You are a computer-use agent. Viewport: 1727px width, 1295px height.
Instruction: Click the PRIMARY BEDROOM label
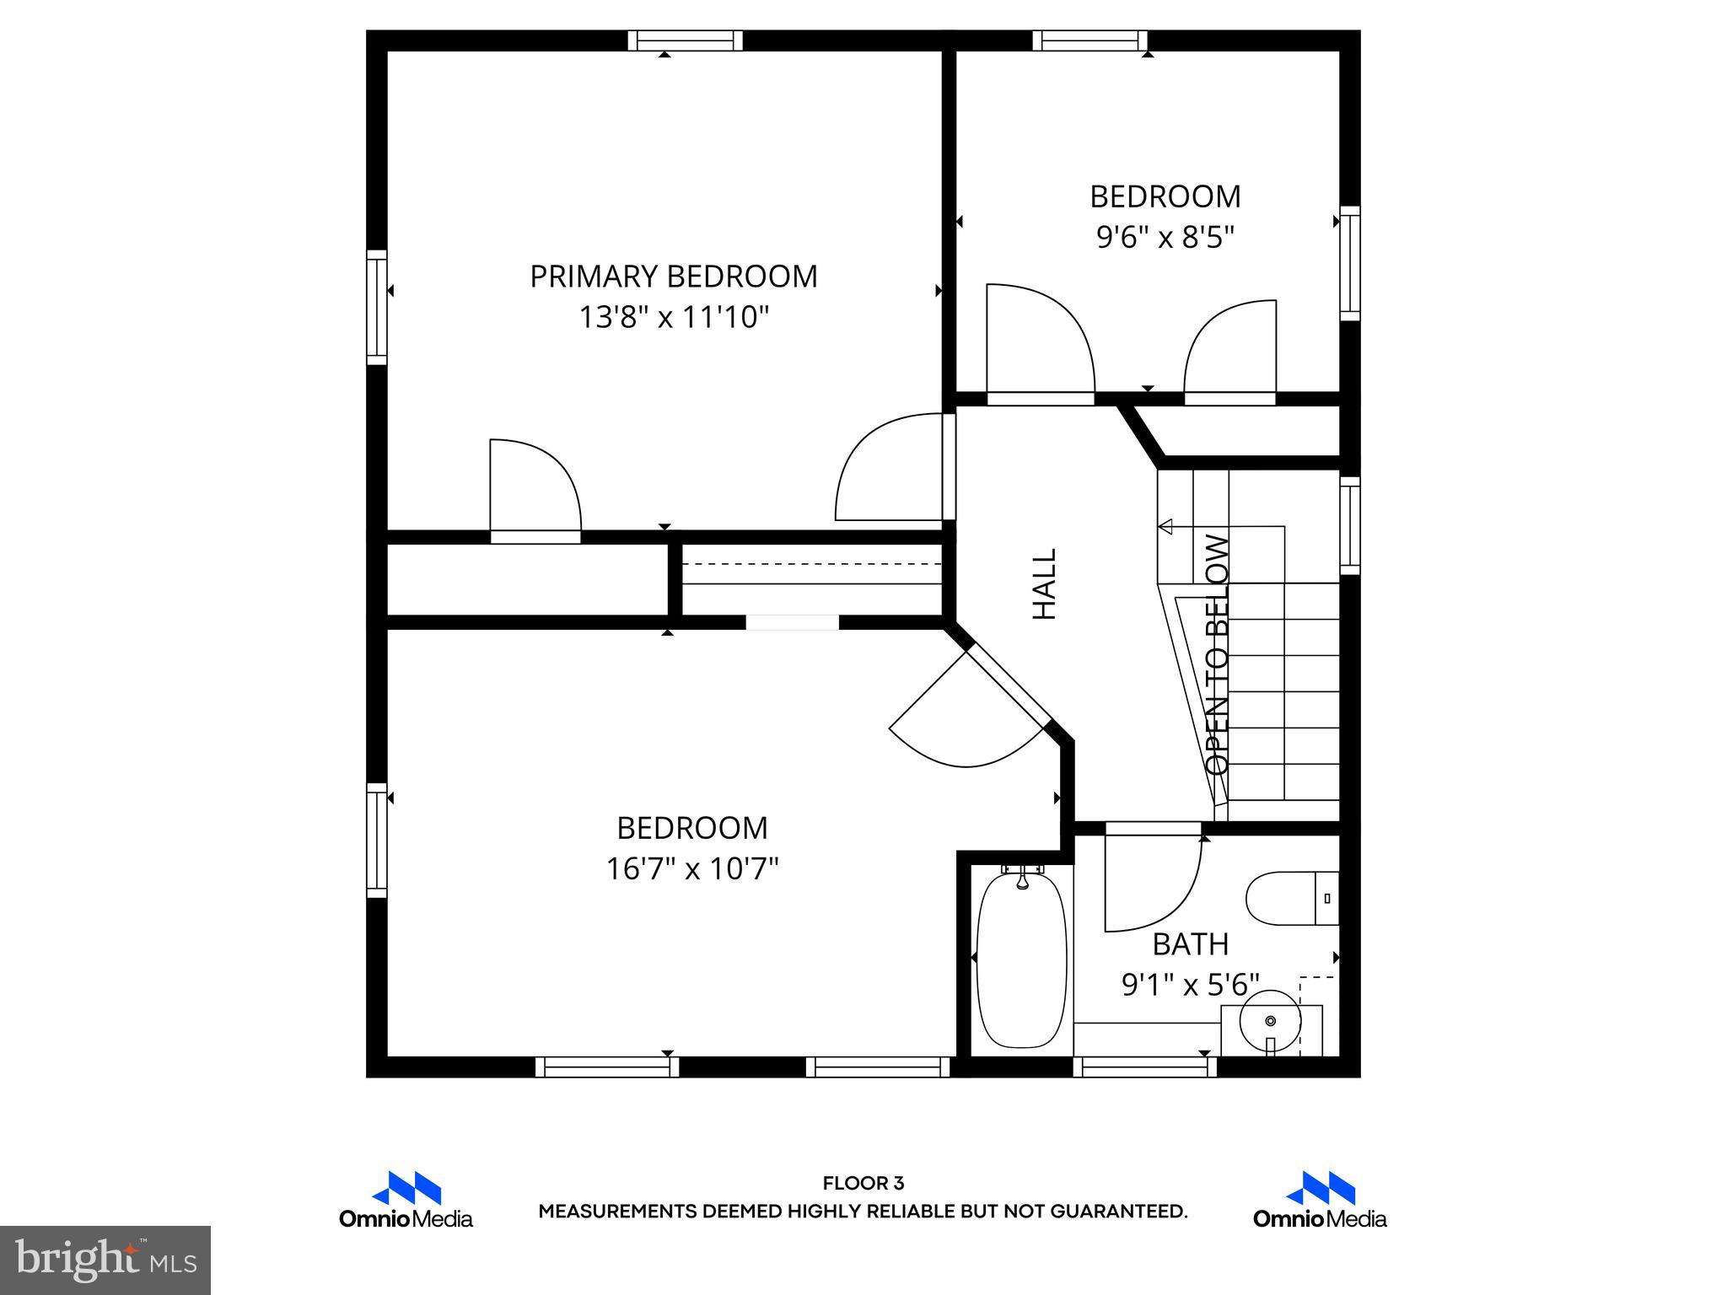tap(673, 277)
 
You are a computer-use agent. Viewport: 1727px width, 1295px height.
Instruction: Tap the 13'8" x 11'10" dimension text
tap(673, 318)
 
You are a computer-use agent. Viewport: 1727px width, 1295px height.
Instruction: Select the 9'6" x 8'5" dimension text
tap(1165, 237)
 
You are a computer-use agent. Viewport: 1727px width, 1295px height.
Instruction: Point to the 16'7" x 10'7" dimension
tap(691, 868)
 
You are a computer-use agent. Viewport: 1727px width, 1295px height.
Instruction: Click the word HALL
tap(1045, 583)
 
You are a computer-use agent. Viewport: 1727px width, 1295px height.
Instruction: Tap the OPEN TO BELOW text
tap(1218, 654)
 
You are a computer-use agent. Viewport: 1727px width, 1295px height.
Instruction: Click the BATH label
tap(1190, 944)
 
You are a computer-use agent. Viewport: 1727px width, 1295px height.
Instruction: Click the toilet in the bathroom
tap(1290, 898)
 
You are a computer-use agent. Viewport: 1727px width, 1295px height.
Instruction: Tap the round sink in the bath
tap(1271, 1021)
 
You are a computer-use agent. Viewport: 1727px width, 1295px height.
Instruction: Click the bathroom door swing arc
tap(1168, 894)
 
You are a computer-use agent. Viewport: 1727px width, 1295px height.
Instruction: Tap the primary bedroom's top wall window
tap(686, 40)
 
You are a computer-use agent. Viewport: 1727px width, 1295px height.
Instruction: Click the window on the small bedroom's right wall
tap(1350, 263)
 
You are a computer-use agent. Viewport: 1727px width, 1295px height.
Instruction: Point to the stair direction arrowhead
tap(1166, 527)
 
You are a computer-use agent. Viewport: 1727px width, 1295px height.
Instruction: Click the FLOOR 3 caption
tap(863, 1184)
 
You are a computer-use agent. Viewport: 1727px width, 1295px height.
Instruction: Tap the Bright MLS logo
tap(105, 1260)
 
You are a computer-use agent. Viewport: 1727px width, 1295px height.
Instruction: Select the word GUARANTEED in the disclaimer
tap(1118, 1212)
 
